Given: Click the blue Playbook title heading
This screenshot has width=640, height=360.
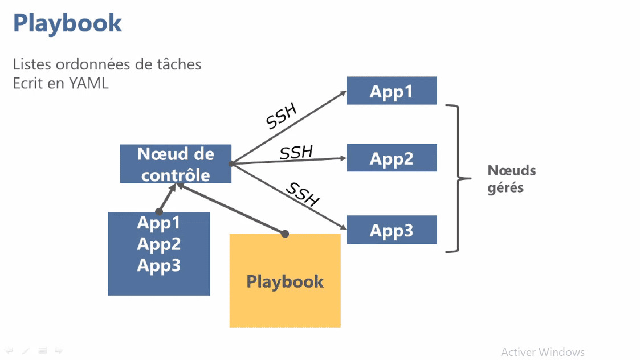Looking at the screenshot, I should point(67,23).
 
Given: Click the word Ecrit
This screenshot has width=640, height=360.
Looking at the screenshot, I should point(28,83).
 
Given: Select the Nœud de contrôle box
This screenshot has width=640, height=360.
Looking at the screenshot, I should point(176,164).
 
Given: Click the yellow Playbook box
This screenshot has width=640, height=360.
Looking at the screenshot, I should point(285,281).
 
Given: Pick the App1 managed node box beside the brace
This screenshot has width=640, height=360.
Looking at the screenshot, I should point(392,91).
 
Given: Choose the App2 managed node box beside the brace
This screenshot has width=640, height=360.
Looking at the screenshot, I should point(392,158).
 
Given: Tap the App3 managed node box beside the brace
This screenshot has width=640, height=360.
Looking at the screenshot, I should point(392,230).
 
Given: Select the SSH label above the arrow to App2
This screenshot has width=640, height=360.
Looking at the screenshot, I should point(296,152).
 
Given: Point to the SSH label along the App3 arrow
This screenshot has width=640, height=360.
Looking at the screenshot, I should point(303,194).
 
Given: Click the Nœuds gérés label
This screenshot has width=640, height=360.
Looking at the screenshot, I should point(511,179).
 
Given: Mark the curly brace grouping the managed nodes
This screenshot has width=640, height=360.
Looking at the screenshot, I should point(456,178).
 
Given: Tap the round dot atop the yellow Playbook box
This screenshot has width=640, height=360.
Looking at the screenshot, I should point(285,234).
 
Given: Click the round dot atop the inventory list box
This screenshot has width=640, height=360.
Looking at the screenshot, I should point(159,212).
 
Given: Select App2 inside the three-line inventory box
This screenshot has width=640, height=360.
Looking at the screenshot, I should point(158,244).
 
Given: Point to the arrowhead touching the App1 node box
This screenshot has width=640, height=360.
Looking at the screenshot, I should point(343,91).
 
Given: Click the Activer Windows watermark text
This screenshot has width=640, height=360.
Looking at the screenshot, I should point(543,352).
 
